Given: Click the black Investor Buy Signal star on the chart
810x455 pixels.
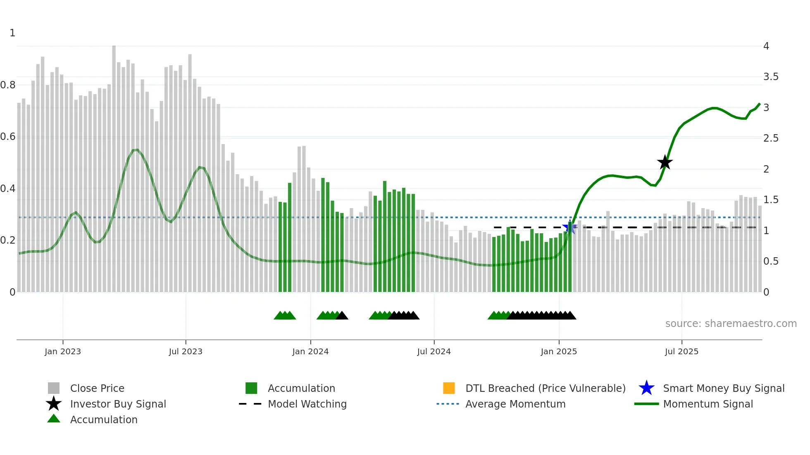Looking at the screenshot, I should [x=665, y=163].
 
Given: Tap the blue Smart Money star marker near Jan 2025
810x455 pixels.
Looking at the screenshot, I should [x=569, y=227].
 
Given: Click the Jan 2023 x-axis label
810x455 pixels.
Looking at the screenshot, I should [x=63, y=352].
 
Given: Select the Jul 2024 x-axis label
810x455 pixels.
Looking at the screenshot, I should [x=434, y=352].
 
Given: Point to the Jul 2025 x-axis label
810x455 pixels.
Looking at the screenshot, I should [x=681, y=352].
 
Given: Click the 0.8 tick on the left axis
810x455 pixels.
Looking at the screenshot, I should [x=8, y=85].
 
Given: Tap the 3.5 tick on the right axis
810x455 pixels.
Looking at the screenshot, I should [x=771, y=77].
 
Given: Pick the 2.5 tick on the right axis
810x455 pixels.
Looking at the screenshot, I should [x=771, y=138].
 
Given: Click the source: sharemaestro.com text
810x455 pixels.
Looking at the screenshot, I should [x=731, y=324].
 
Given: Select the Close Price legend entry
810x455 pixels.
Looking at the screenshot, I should [x=97, y=389].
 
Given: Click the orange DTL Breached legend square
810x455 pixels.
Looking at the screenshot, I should [x=449, y=388].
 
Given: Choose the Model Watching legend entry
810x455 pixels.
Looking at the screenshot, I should [x=307, y=404].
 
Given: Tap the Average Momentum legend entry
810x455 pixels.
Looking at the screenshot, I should [x=515, y=404].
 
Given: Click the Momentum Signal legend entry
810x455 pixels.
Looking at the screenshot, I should [x=708, y=404].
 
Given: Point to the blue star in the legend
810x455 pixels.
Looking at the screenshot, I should [x=646, y=388].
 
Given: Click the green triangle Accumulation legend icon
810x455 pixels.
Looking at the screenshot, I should [x=54, y=419].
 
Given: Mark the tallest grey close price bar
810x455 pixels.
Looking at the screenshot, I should [x=114, y=165].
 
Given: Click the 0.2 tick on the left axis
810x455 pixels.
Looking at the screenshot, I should [x=8, y=240].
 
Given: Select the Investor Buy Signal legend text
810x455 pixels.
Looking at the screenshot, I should [x=118, y=404].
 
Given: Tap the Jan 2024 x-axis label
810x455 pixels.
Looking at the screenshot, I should [x=310, y=352].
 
